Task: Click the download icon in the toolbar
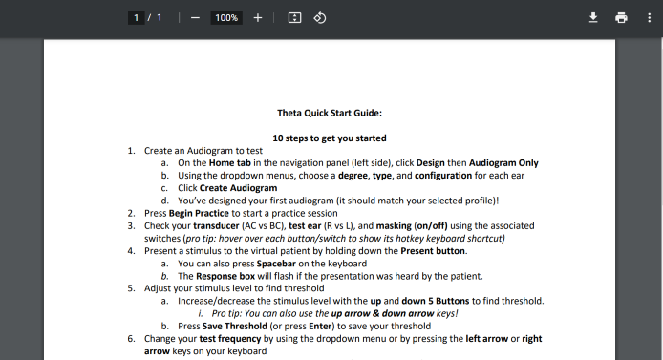593,18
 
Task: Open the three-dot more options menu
649,18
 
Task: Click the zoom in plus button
258,18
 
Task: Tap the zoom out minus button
195,18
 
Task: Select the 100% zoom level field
226,18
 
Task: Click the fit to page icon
294,18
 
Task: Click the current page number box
137,18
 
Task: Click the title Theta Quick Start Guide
330,113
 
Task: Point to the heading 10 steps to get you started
330,138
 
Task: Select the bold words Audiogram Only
503,163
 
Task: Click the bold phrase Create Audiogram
239,188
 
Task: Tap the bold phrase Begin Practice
199,213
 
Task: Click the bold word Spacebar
276,264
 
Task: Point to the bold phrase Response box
225,276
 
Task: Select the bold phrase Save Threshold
235,327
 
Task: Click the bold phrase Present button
433,251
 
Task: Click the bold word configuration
443,176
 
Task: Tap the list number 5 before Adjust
131,288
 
